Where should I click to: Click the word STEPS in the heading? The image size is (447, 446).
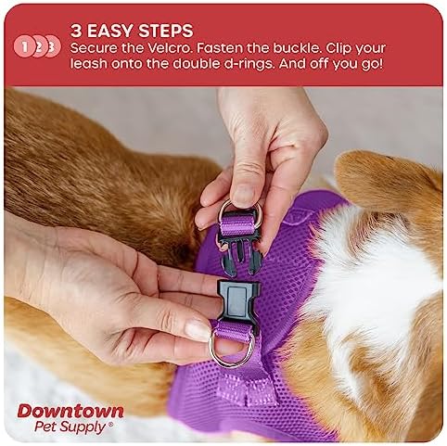click(165, 31)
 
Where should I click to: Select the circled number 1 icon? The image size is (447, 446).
click(24, 47)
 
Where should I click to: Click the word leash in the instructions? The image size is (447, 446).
click(89, 64)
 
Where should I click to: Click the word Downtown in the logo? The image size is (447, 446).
click(70, 412)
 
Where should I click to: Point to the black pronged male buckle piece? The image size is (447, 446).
click(239, 244)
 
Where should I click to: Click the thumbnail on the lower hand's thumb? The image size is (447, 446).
click(198, 330)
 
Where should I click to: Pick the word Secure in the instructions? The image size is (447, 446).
click(94, 48)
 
